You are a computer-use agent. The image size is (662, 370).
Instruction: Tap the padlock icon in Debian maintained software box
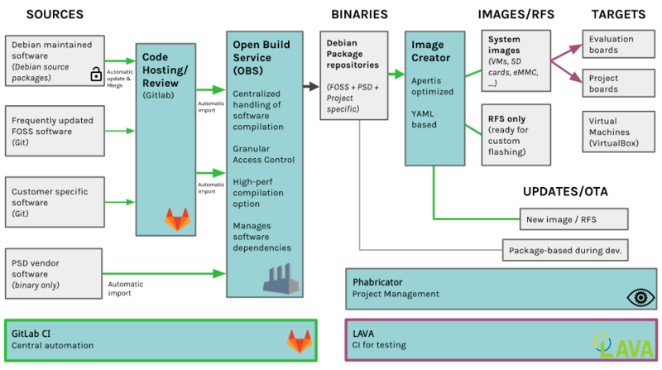click(96, 75)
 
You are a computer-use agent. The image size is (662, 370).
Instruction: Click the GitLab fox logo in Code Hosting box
click(176, 220)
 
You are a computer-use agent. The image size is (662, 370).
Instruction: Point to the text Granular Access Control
click(264, 153)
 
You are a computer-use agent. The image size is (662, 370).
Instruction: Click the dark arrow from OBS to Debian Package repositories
click(307, 85)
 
